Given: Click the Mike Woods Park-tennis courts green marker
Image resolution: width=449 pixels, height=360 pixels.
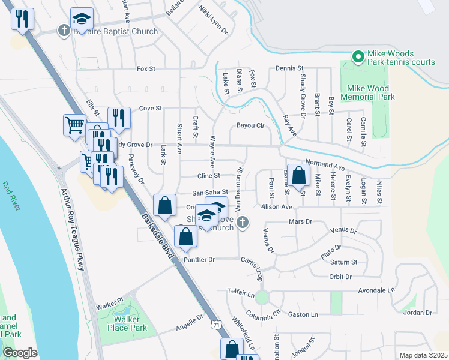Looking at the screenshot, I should tap(358, 57).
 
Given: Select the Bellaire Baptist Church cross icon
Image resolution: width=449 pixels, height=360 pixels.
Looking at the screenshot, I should tap(64, 31).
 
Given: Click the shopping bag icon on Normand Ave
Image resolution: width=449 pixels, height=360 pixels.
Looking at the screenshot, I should tap(298, 175).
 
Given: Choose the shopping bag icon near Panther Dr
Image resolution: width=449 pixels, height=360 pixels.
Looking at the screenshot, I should tap(185, 237).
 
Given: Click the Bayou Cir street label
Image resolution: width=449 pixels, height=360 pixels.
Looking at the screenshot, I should tap(250, 126).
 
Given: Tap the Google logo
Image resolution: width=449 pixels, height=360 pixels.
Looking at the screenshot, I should tap(20, 353).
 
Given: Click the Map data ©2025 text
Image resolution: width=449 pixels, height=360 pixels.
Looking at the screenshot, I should tap(423, 355).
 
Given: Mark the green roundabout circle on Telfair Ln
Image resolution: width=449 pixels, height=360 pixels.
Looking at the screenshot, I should tap(262, 296).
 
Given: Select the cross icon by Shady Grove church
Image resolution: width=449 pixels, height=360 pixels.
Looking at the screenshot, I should tap(242, 223).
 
